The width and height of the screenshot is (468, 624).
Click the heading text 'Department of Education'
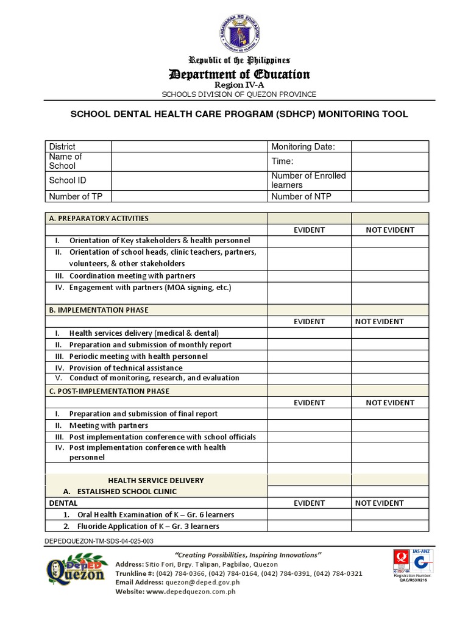point(239,74)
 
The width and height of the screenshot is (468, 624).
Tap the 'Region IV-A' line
point(239,85)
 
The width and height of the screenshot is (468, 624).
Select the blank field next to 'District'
point(189,146)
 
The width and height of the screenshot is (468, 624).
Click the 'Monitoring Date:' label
point(303,146)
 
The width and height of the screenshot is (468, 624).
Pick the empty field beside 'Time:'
point(389,161)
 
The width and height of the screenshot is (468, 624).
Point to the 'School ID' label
point(63,180)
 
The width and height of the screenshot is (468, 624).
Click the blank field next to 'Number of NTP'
point(389,196)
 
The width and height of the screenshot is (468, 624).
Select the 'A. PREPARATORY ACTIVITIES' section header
point(99,218)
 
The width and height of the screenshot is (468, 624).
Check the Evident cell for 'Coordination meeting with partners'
point(309,276)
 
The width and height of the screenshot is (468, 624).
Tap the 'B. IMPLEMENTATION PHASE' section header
point(99,310)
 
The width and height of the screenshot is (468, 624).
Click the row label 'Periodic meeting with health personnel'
point(138,356)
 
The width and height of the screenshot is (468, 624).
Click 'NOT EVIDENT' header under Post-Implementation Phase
point(389,402)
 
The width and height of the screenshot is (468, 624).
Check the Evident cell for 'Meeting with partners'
point(309,425)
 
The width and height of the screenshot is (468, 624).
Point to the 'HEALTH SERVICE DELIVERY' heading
point(156,480)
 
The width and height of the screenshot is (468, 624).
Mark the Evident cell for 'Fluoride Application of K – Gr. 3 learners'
point(309,526)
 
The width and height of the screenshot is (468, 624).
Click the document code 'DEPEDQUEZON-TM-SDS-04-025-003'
point(99,541)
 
